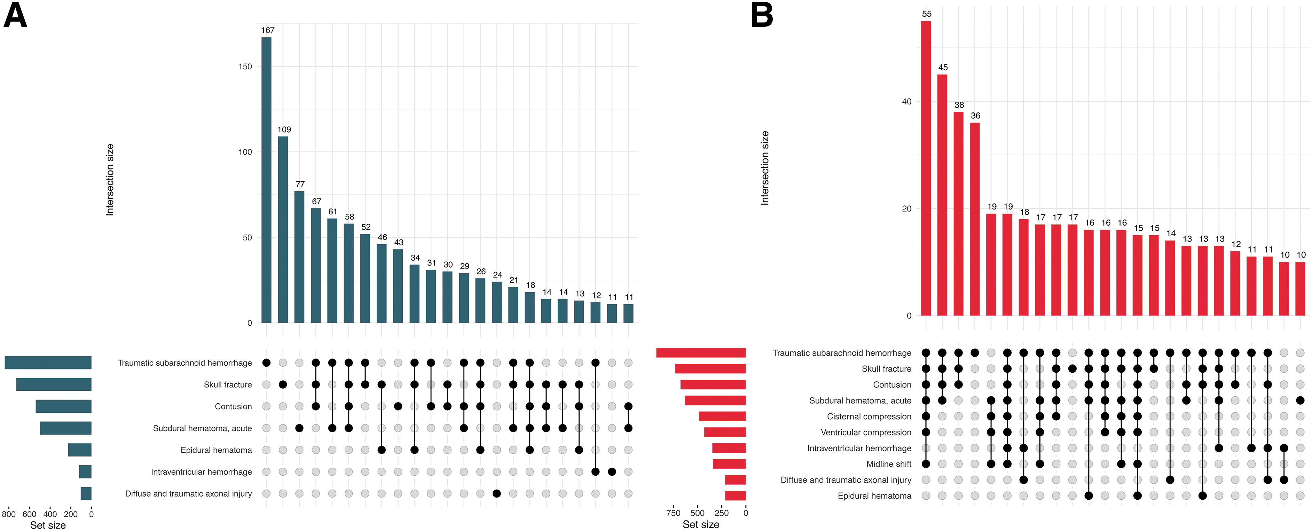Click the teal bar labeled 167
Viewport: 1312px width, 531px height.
pos(266,180)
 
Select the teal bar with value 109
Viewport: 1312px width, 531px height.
pos(283,230)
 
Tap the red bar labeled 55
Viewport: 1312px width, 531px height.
pos(926,168)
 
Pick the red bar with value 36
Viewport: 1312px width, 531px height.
pos(975,219)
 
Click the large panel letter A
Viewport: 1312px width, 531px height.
pos(15,15)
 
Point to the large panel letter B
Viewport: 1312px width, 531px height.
pos(762,15)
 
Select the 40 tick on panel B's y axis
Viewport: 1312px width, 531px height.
pos(906,101)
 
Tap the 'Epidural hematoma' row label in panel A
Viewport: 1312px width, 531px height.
pos(216,450)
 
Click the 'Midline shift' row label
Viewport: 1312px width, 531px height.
pos(889,464)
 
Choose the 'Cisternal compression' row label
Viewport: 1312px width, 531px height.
pos(869,417)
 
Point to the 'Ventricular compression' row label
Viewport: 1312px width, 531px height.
pos(866,432)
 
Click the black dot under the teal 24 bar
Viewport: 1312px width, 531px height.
pos(497,493)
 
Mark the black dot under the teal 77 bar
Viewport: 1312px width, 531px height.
pos(299,428)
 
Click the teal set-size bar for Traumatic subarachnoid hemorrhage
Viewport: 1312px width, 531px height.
pos(48,363)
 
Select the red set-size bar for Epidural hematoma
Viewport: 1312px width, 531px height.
pos(736,496)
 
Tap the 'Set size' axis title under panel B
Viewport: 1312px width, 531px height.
pos(701,524)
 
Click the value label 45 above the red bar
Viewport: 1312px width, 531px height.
pos(943,67)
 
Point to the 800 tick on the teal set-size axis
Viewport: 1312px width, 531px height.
pos(9,514)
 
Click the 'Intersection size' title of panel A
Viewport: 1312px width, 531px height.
pos(110,180)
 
